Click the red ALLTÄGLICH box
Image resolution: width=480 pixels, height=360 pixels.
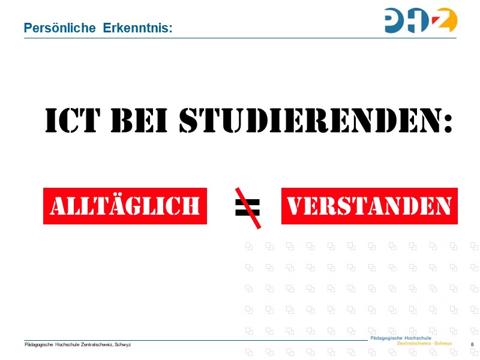click(125, 206)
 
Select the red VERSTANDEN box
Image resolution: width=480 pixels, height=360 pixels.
click(369, 206)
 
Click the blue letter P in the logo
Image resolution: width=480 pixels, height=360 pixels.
click(397, 20)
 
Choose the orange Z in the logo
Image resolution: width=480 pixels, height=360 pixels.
click(447, 20)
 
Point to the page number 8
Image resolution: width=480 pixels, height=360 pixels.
click(473, 344)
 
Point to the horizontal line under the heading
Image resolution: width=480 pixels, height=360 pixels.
click(240, 38)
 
